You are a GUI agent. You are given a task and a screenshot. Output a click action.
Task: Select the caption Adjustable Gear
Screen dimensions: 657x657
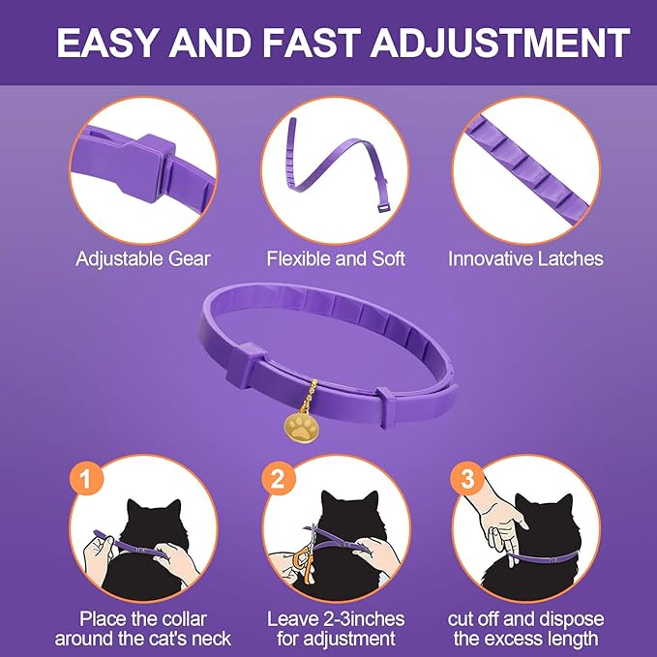(142, 258)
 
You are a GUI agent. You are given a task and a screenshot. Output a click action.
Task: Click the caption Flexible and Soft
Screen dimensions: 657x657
(336, 258)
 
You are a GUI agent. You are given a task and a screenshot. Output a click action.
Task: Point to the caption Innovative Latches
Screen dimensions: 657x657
(525, 258)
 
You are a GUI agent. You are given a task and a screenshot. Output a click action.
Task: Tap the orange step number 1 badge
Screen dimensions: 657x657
(85, 478)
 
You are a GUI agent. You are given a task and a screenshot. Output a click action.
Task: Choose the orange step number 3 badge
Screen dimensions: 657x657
(467, 478)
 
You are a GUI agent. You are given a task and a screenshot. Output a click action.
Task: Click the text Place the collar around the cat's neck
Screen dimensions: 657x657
(143, 629)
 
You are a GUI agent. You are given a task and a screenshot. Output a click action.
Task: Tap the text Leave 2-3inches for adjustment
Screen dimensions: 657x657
(335, 629)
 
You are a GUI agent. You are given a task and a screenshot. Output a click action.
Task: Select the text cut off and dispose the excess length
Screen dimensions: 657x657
(525, 629)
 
